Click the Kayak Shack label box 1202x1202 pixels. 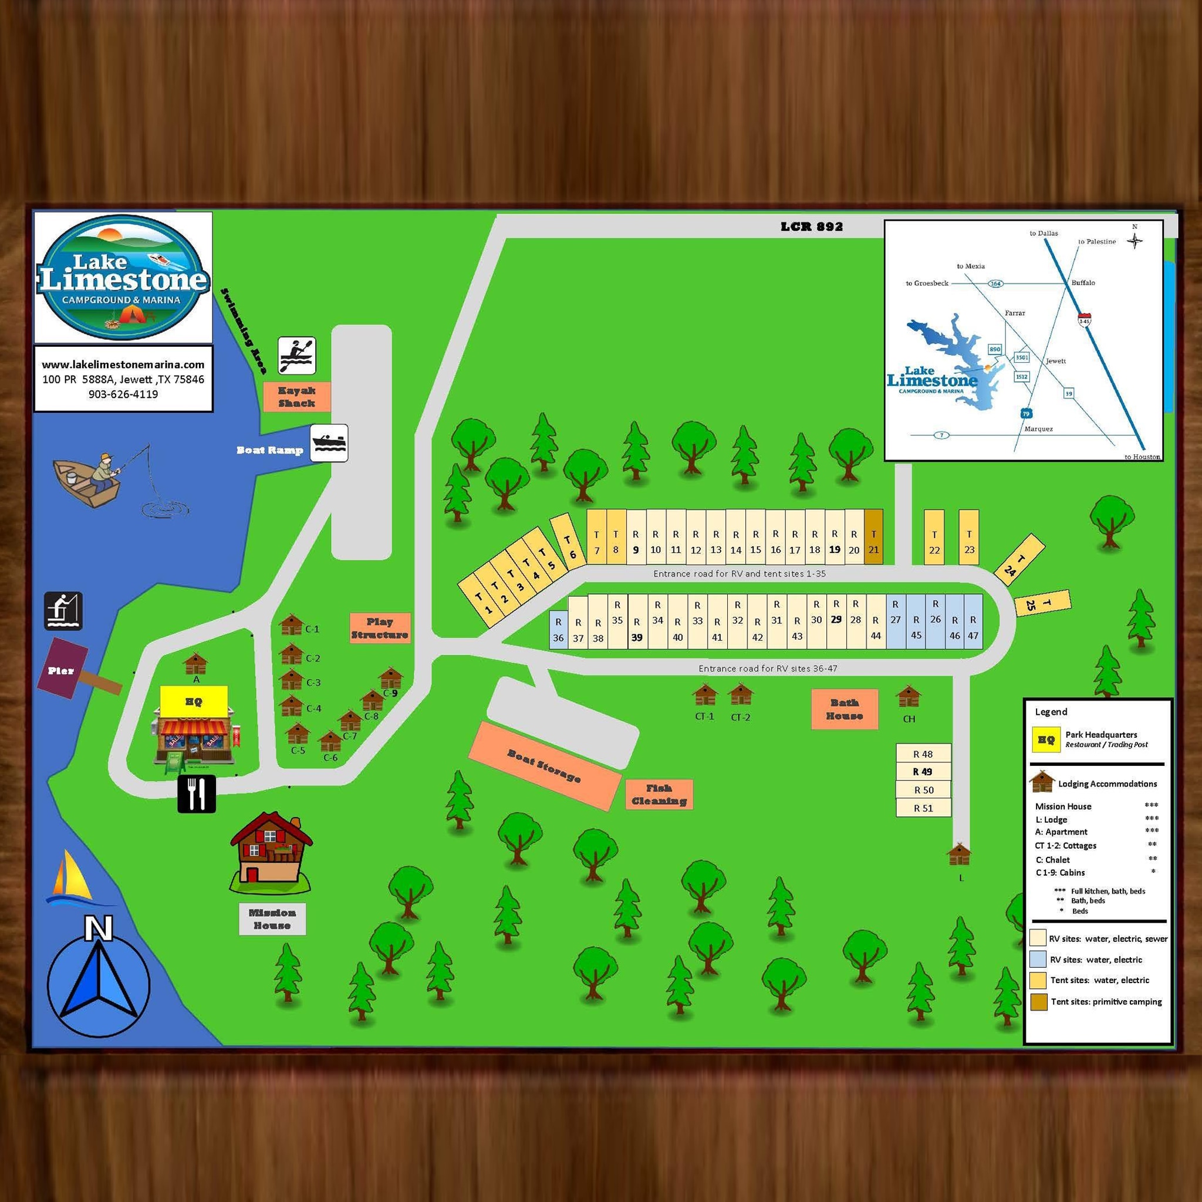(296, 397)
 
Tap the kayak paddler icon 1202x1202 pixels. (297, 355)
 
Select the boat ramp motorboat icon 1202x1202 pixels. (329, 443)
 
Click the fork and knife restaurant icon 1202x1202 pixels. (197, 794)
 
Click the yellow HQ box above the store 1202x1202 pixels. (194, 702)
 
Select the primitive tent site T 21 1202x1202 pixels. (873, 536)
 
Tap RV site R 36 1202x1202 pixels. (558, 630)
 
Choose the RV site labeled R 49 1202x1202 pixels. (923, 771)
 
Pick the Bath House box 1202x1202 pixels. (844, 708)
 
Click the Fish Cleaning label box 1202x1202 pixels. (659, 795)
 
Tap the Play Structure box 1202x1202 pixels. (380, 628)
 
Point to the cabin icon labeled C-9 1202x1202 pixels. (391, 677)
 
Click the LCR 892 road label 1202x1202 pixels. (811, 227)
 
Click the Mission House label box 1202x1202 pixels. (272, 919)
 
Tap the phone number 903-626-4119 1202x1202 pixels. (123, 394)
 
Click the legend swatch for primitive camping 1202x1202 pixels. (1038, 1002)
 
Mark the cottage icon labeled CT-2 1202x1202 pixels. (740, 694)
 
